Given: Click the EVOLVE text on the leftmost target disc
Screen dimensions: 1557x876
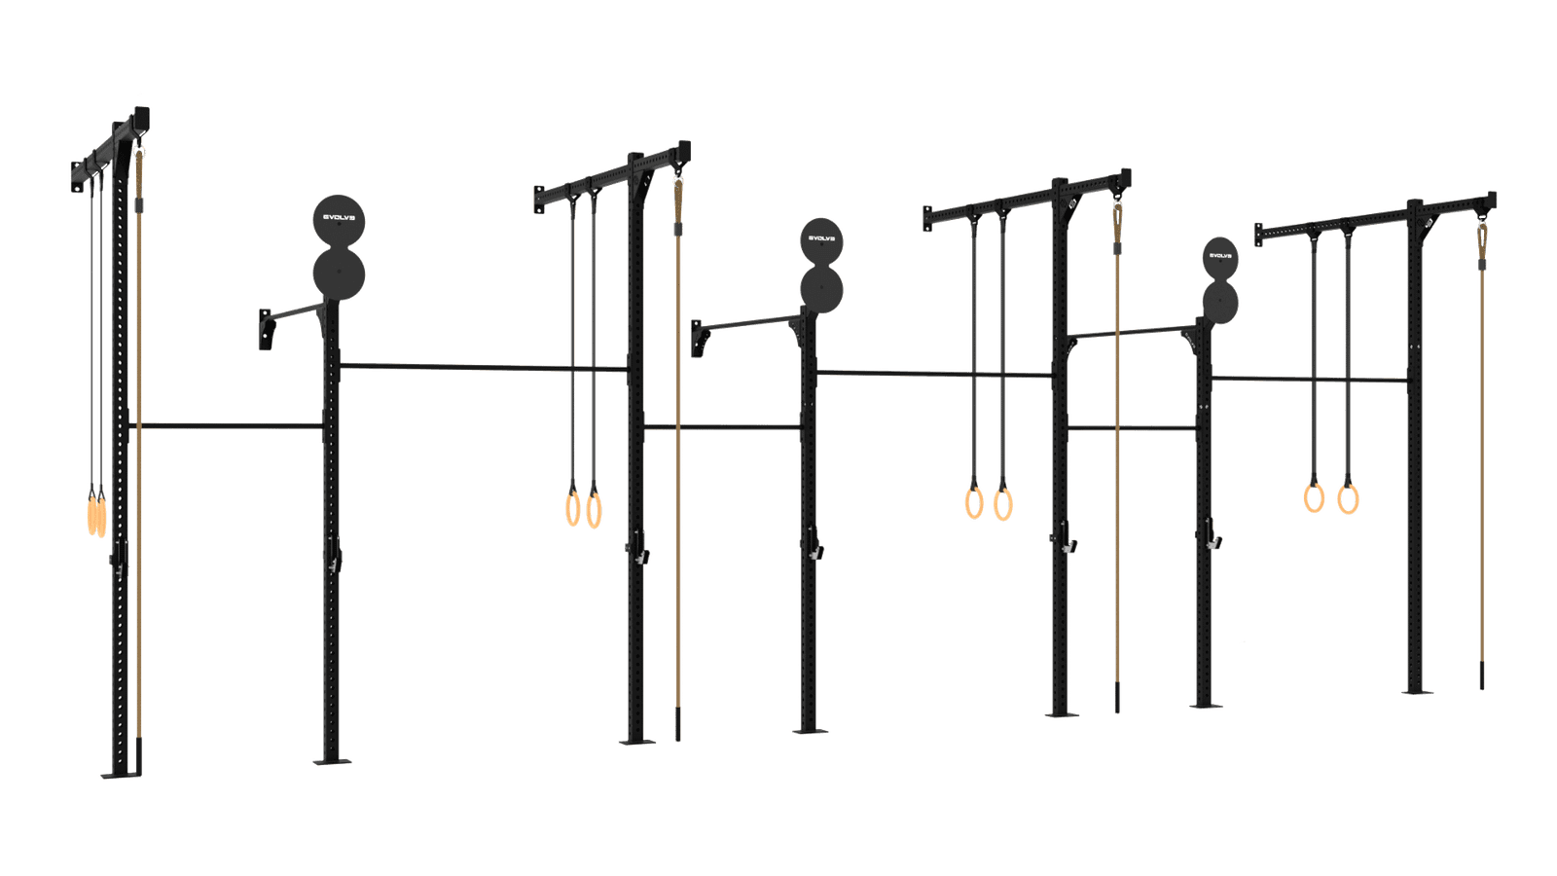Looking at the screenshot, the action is coord(339,217).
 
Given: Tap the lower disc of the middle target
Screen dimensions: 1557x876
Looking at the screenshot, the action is coord(821,290).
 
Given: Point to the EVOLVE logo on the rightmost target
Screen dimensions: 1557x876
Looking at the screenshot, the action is coord(1220,256).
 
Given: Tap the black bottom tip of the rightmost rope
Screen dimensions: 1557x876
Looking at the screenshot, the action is coord(1482,675).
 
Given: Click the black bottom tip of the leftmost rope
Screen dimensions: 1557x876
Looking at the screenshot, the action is coord(139,756).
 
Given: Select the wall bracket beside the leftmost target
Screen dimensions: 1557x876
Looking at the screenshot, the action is coord(266,330).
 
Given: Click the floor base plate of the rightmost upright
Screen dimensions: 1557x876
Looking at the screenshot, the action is coord(1417,692).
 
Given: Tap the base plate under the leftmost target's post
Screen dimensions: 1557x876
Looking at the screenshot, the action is coord(332,761).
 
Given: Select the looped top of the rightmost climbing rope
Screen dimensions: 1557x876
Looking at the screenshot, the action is coord(1482,239).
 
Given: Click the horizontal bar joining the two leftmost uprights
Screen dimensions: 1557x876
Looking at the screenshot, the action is coord(226,425).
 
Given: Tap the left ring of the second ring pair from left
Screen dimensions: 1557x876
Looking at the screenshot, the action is coord(573,507).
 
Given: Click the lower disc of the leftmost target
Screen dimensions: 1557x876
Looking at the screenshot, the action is coord(340,274).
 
